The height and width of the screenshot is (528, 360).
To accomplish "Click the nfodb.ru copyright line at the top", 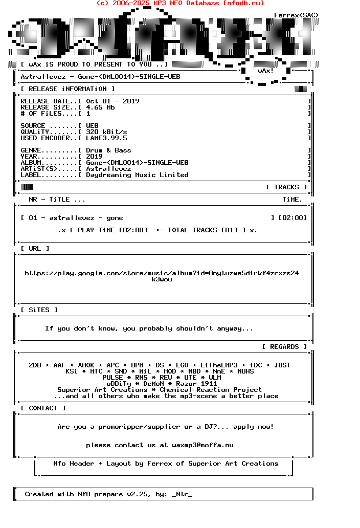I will [x=180, y=3].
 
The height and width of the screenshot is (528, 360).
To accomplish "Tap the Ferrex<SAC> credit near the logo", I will [x=296, y=15].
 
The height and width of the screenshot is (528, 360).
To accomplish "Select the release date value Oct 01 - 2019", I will [x=112, y=101].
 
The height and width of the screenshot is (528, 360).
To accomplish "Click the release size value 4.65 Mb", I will [x=100, y=107].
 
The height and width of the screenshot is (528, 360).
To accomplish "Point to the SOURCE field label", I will [x=33, y=126].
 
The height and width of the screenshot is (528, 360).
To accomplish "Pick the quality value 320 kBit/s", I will [x=106, y=132].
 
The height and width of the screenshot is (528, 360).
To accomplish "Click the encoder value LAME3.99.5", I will [x=106, y=138].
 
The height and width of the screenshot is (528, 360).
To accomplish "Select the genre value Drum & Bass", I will [x=108, y=150].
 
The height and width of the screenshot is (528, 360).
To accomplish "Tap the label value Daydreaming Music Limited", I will [x=137, y=175].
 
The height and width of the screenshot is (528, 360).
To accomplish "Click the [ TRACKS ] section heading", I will [x=286, y=187].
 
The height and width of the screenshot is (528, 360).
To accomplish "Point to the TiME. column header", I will [x=292, y=200].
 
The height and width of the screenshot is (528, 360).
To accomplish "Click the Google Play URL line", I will [x=162, y=273].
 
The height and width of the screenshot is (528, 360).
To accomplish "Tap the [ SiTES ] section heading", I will [x=39, y=310].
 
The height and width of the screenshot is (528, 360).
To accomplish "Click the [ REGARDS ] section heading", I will [x=284, y=347].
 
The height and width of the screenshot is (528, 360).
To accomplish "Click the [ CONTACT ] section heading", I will [x=43, y=408].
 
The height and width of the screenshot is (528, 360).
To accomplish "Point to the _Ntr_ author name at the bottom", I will [x=182, y=494].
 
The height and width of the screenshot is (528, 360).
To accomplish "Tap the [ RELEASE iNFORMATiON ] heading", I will [x=67, y=89].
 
